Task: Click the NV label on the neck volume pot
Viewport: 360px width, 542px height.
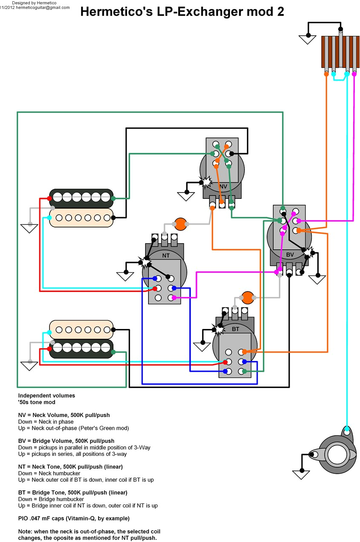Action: (x=224, y=186)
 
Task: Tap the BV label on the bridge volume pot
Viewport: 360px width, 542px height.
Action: (x=290, y=255)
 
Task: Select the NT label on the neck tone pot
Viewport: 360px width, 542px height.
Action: (x=166, y=255)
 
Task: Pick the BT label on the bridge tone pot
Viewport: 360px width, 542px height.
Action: (x=235, y=329)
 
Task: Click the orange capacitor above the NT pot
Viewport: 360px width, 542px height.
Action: (x=180, y=224)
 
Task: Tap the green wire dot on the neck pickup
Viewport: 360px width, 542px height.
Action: (x=113, y=198)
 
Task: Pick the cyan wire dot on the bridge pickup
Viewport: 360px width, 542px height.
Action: (x=50, y=332)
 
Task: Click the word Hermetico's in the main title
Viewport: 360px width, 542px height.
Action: (x=110, y=12)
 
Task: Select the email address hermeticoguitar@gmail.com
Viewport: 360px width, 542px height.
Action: (x=43, y=7)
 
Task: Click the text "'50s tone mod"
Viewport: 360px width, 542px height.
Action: (x=37, y=402)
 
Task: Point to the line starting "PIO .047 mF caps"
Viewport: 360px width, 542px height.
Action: (x=74, y=518)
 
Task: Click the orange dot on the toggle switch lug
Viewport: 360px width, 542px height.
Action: (x=326, y=74)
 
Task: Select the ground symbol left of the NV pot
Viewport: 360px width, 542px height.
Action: (x=186, y=196)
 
